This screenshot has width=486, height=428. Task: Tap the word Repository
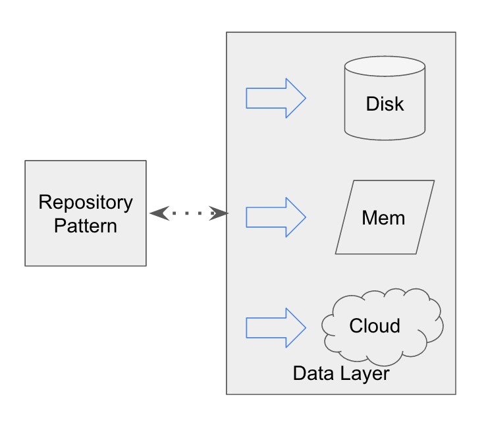click(x=86, y=202)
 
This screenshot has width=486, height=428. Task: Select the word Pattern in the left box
click(x=86, y=226)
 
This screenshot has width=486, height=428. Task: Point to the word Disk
click(x=385, y=104)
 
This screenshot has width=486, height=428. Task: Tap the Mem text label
click(x=383, y=218)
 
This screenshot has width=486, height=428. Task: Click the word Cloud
click(x=375, y=326)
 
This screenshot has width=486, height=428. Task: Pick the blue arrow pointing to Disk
click(x=275, y=99)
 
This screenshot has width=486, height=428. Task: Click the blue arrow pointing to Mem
click(x=275, y=217)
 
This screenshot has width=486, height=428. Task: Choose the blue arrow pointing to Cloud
click(x=275, y=327)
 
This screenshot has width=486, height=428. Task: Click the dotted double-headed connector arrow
click(x=188, y=213)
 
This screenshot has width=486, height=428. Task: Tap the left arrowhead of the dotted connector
click(x=157, y=213)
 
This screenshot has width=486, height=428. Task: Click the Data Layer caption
click(x=341, y=374)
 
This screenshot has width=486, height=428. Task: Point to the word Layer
click(x=365, y=374)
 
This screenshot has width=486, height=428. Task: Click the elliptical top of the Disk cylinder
click(x=385, y=67)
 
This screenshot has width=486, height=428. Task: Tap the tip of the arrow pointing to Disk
click(x=304, y=99)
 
